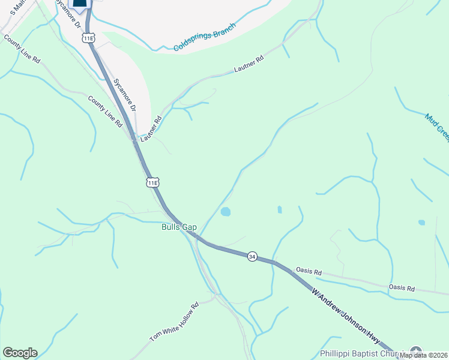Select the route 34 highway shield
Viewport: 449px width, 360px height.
coord(252,256)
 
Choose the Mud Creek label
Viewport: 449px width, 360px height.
coord(436,127)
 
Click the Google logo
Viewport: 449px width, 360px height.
coord(20,353)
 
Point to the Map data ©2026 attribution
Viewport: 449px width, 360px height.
coord(424,355)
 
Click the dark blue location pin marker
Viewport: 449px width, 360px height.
coord(80,4)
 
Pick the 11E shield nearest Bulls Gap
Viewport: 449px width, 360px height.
coord(153,182)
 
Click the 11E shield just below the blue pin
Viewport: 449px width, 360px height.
coord(89,38)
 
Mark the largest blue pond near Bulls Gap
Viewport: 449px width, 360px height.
coord(226,211)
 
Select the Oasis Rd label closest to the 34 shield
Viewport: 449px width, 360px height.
coord(309,272)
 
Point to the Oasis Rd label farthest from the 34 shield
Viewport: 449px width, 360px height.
coord(402,288)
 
